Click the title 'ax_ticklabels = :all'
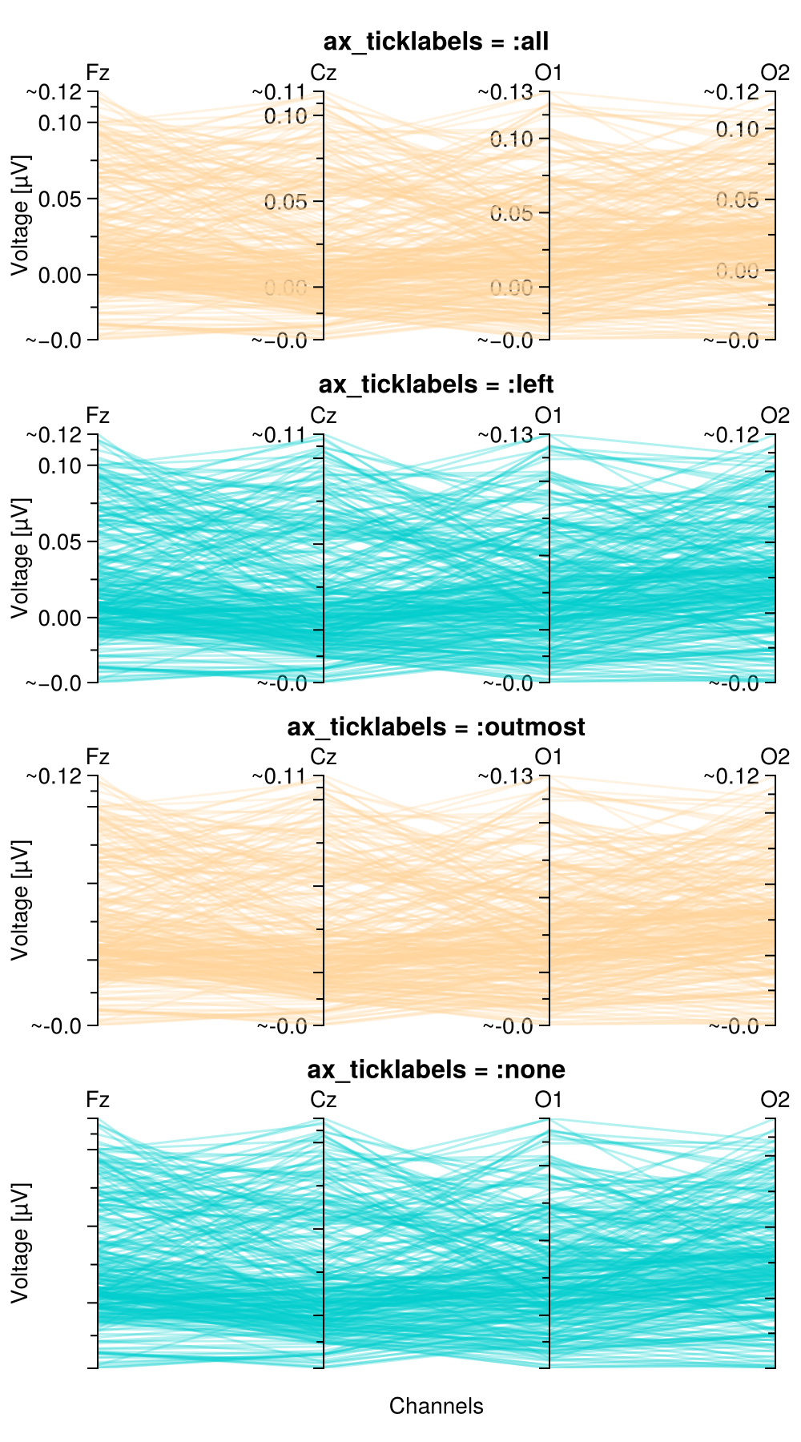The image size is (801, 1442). tap(436, 42)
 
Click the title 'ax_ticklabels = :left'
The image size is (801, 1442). tap(436, 385)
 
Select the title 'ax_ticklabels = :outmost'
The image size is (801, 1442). tap(436, 727)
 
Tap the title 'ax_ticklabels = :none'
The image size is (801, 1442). tap(436, 1069)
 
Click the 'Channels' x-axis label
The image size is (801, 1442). tap(436, 1406)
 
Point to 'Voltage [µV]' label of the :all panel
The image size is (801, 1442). tap(20, 215)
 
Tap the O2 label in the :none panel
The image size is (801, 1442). tap(775, 1100)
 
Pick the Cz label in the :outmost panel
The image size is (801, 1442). tap(323, 757)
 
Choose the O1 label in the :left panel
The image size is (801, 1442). tap(549, 416)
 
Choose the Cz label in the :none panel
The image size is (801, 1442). tap(323, 1100)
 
